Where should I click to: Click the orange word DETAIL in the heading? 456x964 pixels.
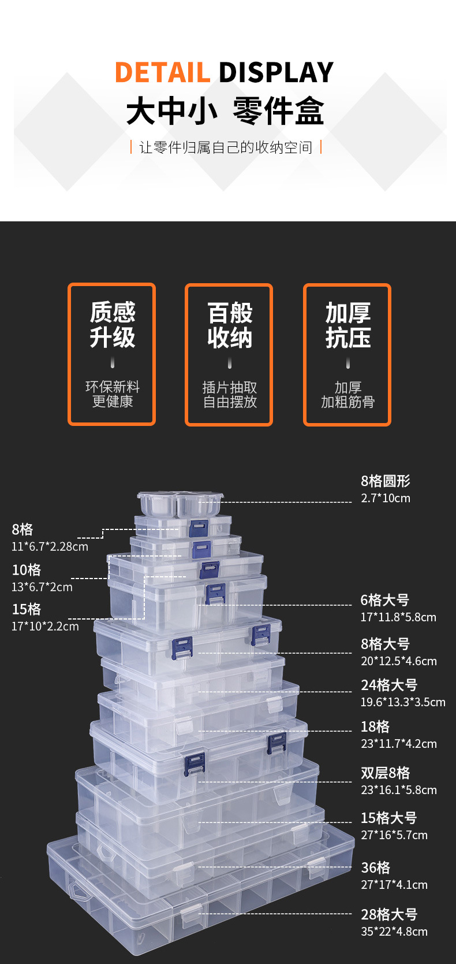[x=162, y=73]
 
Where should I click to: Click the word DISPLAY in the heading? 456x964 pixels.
[x=276, y=73]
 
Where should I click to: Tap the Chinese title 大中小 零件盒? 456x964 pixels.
[x=225, y=112]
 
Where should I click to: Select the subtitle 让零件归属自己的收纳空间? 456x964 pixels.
[x=226, y=147]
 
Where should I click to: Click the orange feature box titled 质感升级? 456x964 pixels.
[x=112, y=354]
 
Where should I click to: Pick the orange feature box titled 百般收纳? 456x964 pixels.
[x=229, y=355]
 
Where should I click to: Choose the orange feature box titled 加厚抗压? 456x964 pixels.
[x=347, y=355]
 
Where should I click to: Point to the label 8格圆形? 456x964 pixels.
[x=386, y=481]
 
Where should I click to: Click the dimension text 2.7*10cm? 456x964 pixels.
[x=386, y=498]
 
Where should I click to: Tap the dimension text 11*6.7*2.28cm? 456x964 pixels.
[x=50, y=547]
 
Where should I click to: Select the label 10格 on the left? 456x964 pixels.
[x=27, y=570]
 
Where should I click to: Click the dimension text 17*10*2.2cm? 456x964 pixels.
[x=45, y=626]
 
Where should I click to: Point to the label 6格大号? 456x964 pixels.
[x=384, y=600]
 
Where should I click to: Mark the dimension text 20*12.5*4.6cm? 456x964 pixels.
[x=398, y=661]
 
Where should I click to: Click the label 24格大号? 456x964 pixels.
[x=389, y=685]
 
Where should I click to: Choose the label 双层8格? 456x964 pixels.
[x=385, y=773]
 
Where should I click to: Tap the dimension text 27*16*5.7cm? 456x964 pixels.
[x=394, y=835]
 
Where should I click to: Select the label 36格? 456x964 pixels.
[x=375, y=868]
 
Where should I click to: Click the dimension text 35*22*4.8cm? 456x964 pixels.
[x=394, y=932]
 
